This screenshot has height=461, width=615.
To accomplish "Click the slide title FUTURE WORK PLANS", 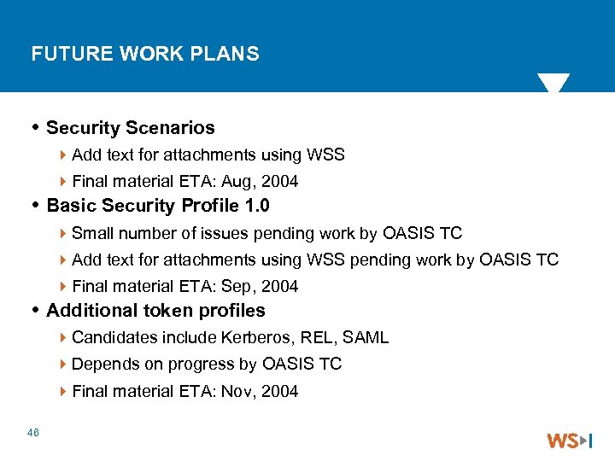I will (x=144, y=55).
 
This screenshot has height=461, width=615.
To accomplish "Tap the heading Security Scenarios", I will (x=131, y=128).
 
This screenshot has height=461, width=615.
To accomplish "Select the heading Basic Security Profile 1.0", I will (x=158, y=206).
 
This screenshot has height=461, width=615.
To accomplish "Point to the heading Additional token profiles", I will (x=155, y=311).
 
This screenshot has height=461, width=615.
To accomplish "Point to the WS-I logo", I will (x=570, y=441).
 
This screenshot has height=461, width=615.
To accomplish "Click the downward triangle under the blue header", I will (x=553, y=83).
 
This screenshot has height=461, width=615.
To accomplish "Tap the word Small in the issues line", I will (x=93, y=234).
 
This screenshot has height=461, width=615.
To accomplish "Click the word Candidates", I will (x=112, y=338).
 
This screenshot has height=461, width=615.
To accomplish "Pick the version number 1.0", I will (x=256, y=206).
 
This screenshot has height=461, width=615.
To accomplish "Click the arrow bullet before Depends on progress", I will (x=65, y=365).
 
